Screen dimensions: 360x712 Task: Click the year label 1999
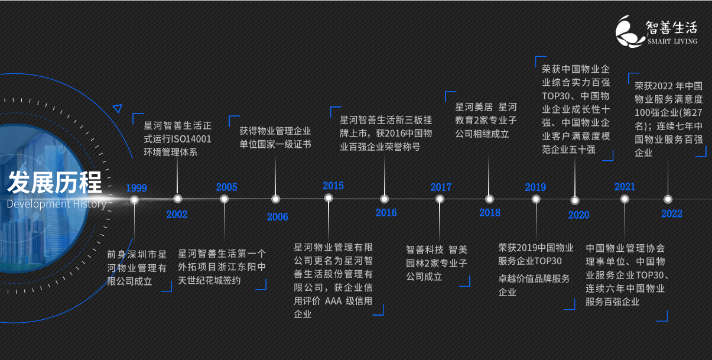click(136, 188)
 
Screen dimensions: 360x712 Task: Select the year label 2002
click(177, 214)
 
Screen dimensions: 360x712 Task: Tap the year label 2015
click(333, 186)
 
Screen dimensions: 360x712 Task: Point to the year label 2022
click(671, 214)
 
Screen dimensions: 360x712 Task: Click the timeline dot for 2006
click(275, 199)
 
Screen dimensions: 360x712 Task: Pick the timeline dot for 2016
click(385, 199)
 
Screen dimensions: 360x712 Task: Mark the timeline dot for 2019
click(536, 199)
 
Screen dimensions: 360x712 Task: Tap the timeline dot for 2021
click(625, 199)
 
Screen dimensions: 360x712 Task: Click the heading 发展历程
click(54, 183)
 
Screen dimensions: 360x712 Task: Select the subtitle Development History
click(56, 204)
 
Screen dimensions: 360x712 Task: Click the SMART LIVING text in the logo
click(672, 41)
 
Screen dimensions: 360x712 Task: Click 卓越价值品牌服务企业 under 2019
click(534, 285)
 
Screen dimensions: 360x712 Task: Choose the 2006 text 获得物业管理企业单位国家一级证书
click(275, 138)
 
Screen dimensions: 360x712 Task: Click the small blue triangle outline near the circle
click(117, 108)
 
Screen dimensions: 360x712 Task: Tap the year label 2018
click(489, 213)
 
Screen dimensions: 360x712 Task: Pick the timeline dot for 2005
click(225, 199)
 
